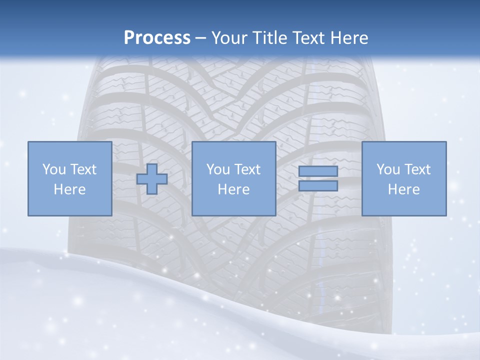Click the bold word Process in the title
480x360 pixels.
(157, 38)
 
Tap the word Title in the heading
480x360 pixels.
(270, 38)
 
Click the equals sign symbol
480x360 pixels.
(318, 178)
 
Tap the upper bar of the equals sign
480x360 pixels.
(318, 171)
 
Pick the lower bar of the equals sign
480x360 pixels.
(318, 185)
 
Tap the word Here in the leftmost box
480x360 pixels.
(69, 189)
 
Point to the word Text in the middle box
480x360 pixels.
(246, 169)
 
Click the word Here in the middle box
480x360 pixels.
(233, 189)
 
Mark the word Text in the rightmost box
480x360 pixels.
(417, 169)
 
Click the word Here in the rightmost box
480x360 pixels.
(404, 189)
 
